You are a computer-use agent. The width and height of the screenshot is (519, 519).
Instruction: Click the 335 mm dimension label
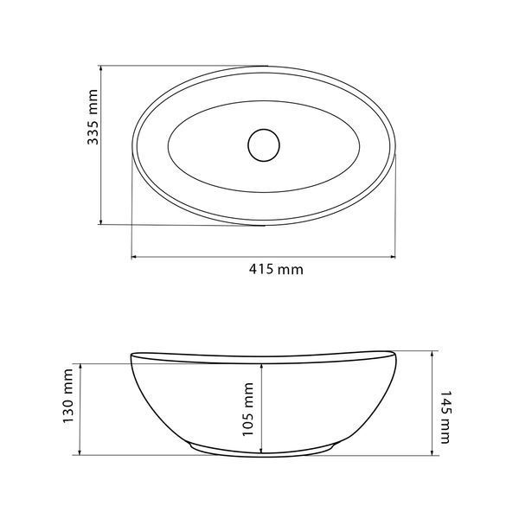(x=93, y=117)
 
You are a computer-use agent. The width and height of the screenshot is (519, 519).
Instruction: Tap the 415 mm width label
(x=276, y=269)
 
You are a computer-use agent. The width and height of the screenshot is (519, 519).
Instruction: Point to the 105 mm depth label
(x=248, y=409)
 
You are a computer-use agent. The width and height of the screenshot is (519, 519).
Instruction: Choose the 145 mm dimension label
(x=445, y=417)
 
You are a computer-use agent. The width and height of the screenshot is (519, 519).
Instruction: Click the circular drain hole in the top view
(x=264, y=145)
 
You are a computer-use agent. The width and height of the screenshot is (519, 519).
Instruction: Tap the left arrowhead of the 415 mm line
(x=134, y=256)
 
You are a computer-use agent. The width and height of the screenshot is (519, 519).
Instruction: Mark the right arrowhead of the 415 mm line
(x=393, y=256)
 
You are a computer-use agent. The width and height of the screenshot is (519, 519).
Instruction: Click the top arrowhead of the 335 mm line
(x=101, y=68)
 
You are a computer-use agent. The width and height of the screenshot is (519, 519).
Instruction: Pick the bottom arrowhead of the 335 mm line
(x=101, y=221)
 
